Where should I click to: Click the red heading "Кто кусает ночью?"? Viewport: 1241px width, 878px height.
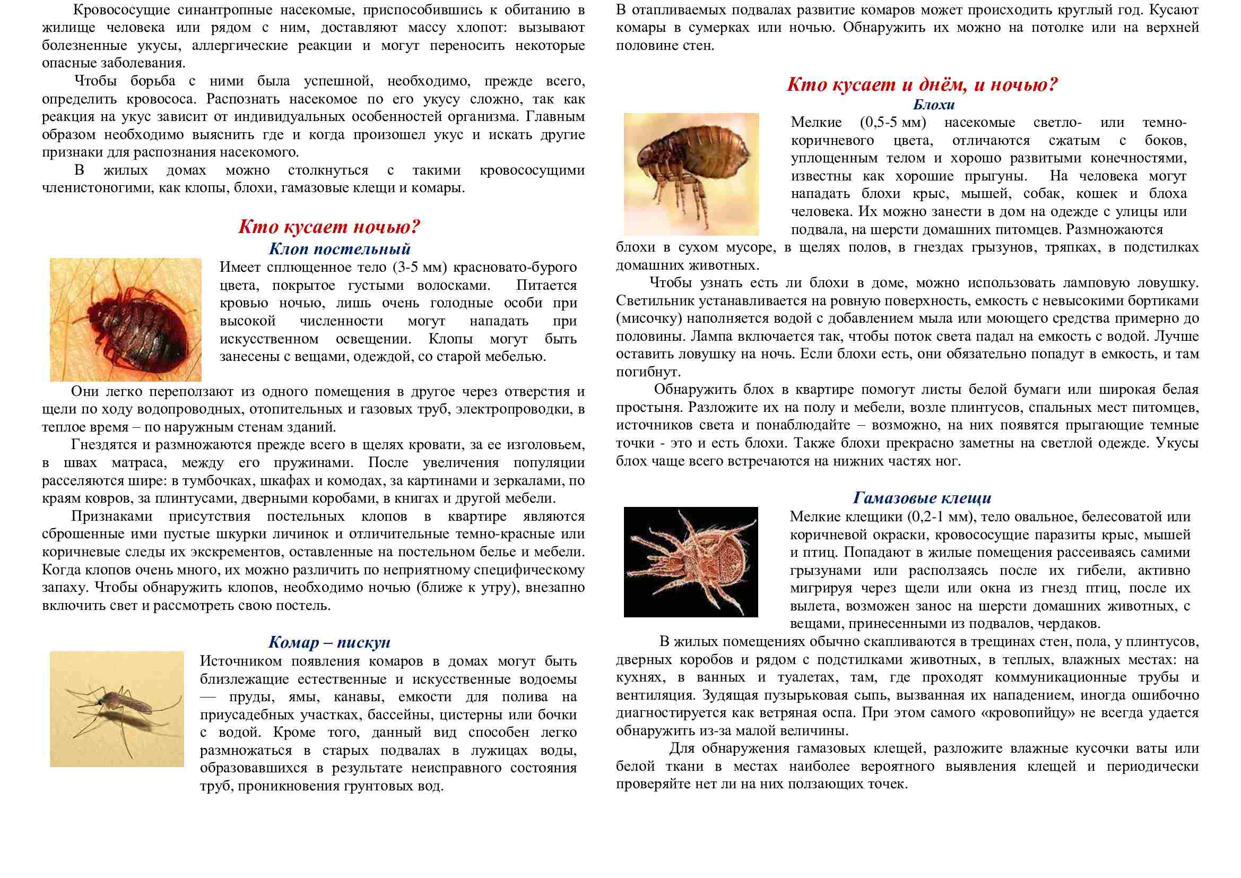coord(329,227)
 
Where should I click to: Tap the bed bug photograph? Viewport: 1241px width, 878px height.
coord(125,320)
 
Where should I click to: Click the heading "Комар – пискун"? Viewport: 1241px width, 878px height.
coord(329,642)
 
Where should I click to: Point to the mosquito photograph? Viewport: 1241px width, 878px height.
coord(117,709)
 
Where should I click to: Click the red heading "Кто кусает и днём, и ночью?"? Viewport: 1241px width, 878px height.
coord(922,85)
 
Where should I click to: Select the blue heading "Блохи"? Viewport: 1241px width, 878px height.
coord(934,105)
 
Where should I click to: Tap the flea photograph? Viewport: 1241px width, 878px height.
coord(691,174)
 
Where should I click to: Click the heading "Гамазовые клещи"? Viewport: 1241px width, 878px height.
coord(922,497)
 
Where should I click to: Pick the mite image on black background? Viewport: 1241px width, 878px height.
coord(691,562)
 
